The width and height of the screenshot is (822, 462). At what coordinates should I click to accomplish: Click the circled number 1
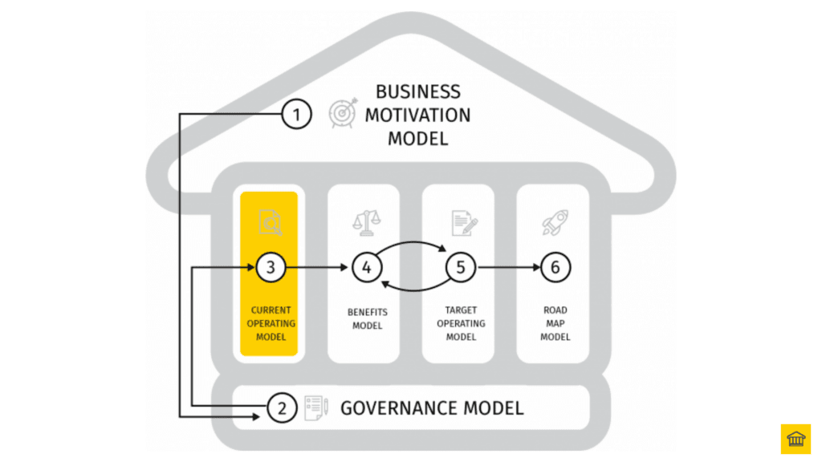point(296,115)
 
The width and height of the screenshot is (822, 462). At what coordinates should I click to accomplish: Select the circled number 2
point(282,408)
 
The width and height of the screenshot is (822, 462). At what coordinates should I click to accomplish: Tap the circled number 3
point(271,268)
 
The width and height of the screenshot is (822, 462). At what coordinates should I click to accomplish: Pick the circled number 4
point(366,268)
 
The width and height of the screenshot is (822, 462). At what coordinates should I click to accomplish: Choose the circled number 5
point(461,268)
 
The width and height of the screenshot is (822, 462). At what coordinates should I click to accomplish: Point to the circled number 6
point(555,268)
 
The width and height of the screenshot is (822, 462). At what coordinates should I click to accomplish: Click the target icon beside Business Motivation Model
point(343,114)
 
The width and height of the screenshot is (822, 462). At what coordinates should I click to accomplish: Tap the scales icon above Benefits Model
point(366,222)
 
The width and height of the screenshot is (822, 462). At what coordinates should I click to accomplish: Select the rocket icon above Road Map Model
point(555,222)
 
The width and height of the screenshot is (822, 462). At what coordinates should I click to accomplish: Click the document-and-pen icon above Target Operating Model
point(461,222)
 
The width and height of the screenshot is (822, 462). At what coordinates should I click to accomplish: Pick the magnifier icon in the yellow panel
point(271,222)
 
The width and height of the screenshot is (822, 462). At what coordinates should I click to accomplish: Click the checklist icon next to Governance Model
point(315,407)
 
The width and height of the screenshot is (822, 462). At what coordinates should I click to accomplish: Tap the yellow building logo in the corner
point(796,439)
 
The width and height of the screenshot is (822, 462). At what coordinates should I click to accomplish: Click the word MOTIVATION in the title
point(417,115)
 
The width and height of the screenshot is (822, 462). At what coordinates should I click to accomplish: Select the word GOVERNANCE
point(393,408)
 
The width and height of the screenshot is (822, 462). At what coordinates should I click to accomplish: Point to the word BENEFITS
point(366,312)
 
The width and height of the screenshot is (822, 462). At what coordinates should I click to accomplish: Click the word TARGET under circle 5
point(461,310)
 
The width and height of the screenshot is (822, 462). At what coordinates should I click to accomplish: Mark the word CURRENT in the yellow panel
point(271,310)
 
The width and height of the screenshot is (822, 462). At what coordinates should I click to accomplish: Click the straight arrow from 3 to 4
point(318,268)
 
